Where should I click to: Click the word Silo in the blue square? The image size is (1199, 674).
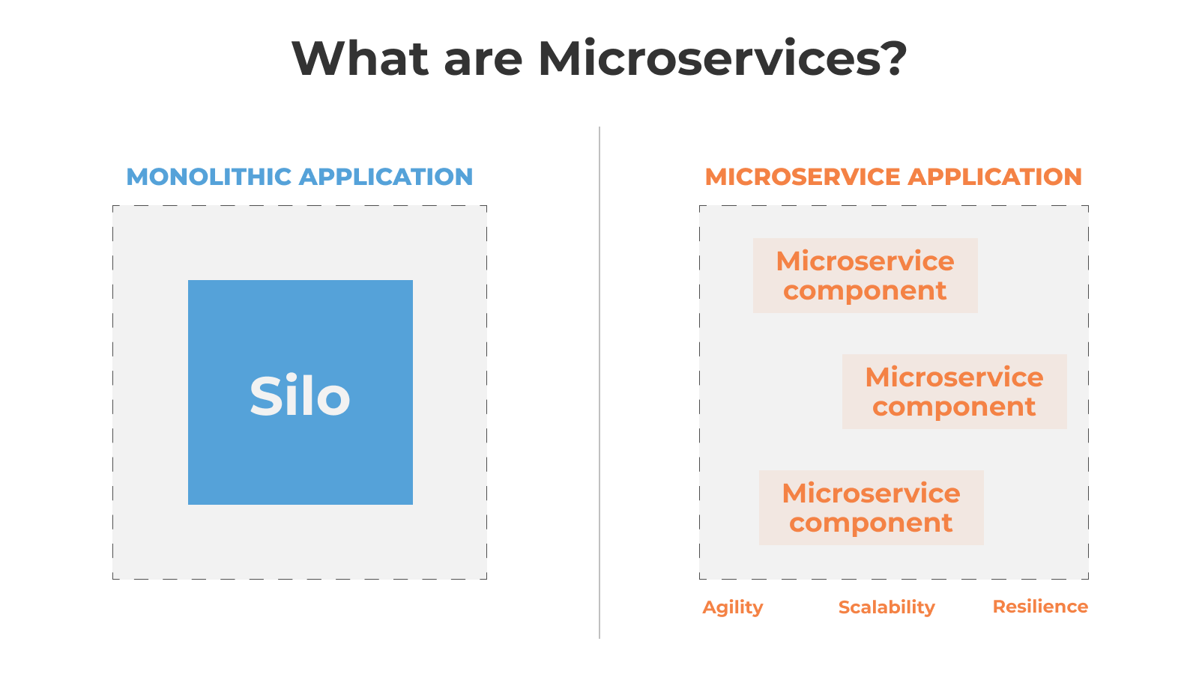pos(300,396)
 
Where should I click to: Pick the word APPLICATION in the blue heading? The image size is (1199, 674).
pos(386,177)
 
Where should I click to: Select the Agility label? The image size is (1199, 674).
pos(732,607)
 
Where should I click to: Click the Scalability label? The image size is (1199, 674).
pos(887,607)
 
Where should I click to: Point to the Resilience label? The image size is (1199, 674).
pos(1040,607)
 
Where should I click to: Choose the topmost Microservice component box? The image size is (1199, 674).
pos(865,276)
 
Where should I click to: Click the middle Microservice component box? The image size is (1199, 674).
pos(955,392)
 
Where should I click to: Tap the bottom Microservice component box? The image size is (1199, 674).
pos(871,508)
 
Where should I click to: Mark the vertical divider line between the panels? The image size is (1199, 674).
pos(599,383)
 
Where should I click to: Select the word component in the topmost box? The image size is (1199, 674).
pos(865,291)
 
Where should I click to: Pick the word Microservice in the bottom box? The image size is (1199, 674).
pos(871,493)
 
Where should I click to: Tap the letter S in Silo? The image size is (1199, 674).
pos(266,396)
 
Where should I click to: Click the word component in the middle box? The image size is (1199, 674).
pos(954,407)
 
